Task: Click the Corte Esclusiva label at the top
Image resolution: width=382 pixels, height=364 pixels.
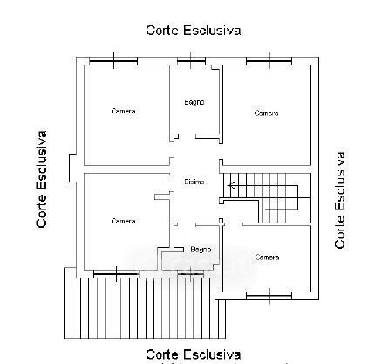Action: click(194, 31)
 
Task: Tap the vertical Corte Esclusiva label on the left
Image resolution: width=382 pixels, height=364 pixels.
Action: click(42, 179)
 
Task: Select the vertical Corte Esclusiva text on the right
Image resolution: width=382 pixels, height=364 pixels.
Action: click(340, 200)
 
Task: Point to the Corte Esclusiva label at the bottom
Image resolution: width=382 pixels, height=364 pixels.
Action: click(194, 354)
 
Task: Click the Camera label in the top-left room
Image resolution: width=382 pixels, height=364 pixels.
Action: click(123, 111)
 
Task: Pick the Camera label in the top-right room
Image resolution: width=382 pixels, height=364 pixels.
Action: click(266, 113)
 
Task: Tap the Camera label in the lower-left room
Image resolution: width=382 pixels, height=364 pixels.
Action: click(123, 222)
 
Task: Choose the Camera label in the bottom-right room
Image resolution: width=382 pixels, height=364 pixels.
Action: click(267, 258)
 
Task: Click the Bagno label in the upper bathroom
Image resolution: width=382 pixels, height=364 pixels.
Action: click(194, 102)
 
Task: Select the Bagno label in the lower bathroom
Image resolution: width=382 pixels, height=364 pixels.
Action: click(201, 250)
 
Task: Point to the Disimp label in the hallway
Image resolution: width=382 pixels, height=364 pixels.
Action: click(194, 182)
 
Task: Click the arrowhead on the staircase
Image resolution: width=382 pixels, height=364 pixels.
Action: click(230, 185)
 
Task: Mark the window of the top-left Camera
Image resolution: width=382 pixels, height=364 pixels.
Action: click(113, 61)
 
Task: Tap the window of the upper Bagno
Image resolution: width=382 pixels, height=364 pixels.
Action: click(191, 61)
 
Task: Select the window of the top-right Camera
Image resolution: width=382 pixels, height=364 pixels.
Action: click(269, 61)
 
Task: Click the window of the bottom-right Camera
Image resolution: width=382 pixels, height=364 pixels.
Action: click(269, 296)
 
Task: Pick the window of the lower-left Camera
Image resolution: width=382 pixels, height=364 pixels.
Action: click(116, 274)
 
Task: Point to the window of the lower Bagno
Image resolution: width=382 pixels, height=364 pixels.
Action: click(190, 274)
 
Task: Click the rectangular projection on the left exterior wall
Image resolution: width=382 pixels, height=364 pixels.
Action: click(72, 168)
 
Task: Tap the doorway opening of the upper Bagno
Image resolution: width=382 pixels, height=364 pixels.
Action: click(187, 136)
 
